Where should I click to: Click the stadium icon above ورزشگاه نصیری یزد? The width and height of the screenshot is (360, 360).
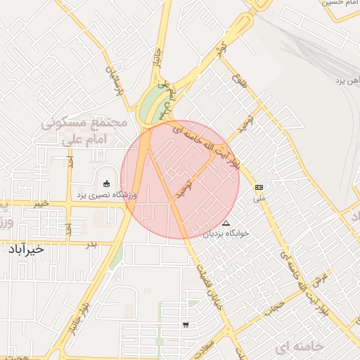point(106,184)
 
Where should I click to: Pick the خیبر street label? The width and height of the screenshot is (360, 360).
point(42,204)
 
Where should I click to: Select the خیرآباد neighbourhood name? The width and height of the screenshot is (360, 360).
point(26,250)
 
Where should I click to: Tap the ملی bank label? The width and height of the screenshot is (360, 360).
point(259,199)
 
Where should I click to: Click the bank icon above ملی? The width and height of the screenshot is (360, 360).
point(259,188)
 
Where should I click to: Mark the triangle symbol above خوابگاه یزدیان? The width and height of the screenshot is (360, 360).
point(225,223)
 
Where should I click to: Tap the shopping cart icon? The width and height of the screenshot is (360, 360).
point(185,325)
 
